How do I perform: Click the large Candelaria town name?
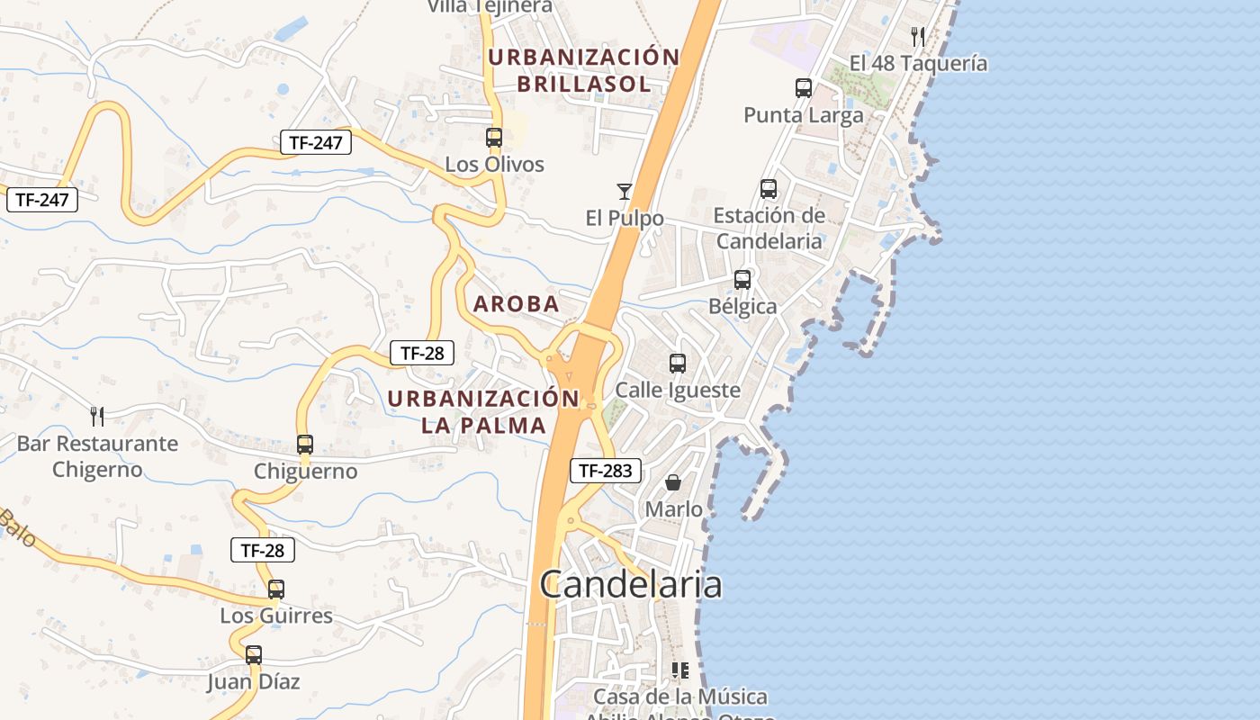[631, 585]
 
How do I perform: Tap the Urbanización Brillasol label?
[583, 70]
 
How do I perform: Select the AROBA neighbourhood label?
[517, 304]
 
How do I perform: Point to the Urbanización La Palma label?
[484, 411]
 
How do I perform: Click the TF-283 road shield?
[606, 470]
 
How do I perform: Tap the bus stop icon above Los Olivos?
[494, 138]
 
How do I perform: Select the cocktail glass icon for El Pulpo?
[624, 191]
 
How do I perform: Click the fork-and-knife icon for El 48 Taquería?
[918, 37]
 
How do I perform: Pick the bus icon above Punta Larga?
[804, 88]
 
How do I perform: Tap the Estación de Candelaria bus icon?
[769, 189]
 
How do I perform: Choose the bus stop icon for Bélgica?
[742, 280]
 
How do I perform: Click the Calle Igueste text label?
[678, 390]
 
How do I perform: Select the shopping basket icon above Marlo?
[673, 482]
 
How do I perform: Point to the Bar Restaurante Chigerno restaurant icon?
[97, 416]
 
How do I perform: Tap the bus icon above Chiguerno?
[305, 444]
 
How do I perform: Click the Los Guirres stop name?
[276, 616]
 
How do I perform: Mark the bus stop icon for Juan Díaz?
[254, 655]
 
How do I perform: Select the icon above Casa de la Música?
[679, 670]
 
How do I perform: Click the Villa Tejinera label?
[490, 7]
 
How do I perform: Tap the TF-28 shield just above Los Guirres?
[263, 550]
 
